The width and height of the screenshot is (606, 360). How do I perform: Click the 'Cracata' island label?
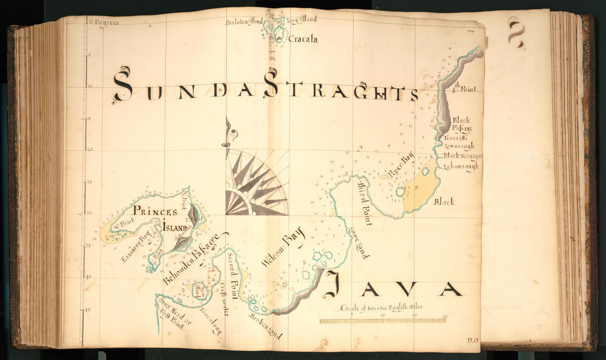pyautogui.click(x=302, y=39)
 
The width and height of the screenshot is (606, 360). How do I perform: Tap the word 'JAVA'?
pyautogui.click(x=393, y=288)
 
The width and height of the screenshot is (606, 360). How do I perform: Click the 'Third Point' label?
pyautogui.click(x=365, y=202)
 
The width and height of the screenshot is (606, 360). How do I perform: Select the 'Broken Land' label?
pyautogui.click(x=266, y=326)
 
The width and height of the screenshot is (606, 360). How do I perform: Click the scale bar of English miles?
pyautogui.click(x=382, y=320)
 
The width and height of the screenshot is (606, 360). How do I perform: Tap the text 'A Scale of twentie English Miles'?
pyautogui.click(x=381, y=308)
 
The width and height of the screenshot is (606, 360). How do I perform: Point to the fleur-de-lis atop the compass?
pyautogui.click(x=226, y=135)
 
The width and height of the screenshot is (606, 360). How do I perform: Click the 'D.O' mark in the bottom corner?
pyautogui.click(x=473, y=340)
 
